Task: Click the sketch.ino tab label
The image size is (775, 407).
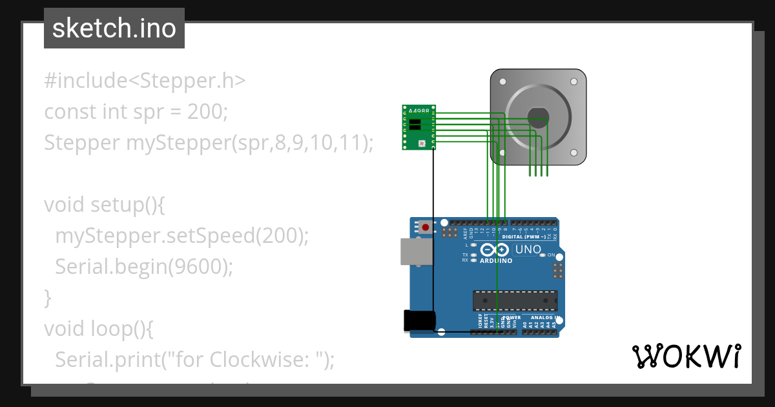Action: coord(114,28)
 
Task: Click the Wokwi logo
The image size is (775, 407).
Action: coord(686,356)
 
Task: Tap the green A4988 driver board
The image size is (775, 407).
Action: coord(419,127)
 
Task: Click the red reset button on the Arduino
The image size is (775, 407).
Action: coord(426,227)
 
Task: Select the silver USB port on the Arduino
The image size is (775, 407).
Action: coord(417,252)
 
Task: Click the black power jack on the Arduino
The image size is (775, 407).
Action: coord(419,321)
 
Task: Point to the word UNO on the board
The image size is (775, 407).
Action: coord(528,249)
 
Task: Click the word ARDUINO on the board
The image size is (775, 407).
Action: coord(496,261)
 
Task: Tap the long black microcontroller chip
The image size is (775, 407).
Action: coord(515,300)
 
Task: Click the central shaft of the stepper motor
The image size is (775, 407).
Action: coord(538,117)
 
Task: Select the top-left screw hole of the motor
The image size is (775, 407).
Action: coord(503,81)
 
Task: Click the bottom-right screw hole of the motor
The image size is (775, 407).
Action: coord(573,153)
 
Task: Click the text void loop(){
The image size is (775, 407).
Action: coord(98,329)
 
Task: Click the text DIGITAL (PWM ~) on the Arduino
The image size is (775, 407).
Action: coord(532,236)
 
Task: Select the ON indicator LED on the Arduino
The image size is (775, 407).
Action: coord(542,255)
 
